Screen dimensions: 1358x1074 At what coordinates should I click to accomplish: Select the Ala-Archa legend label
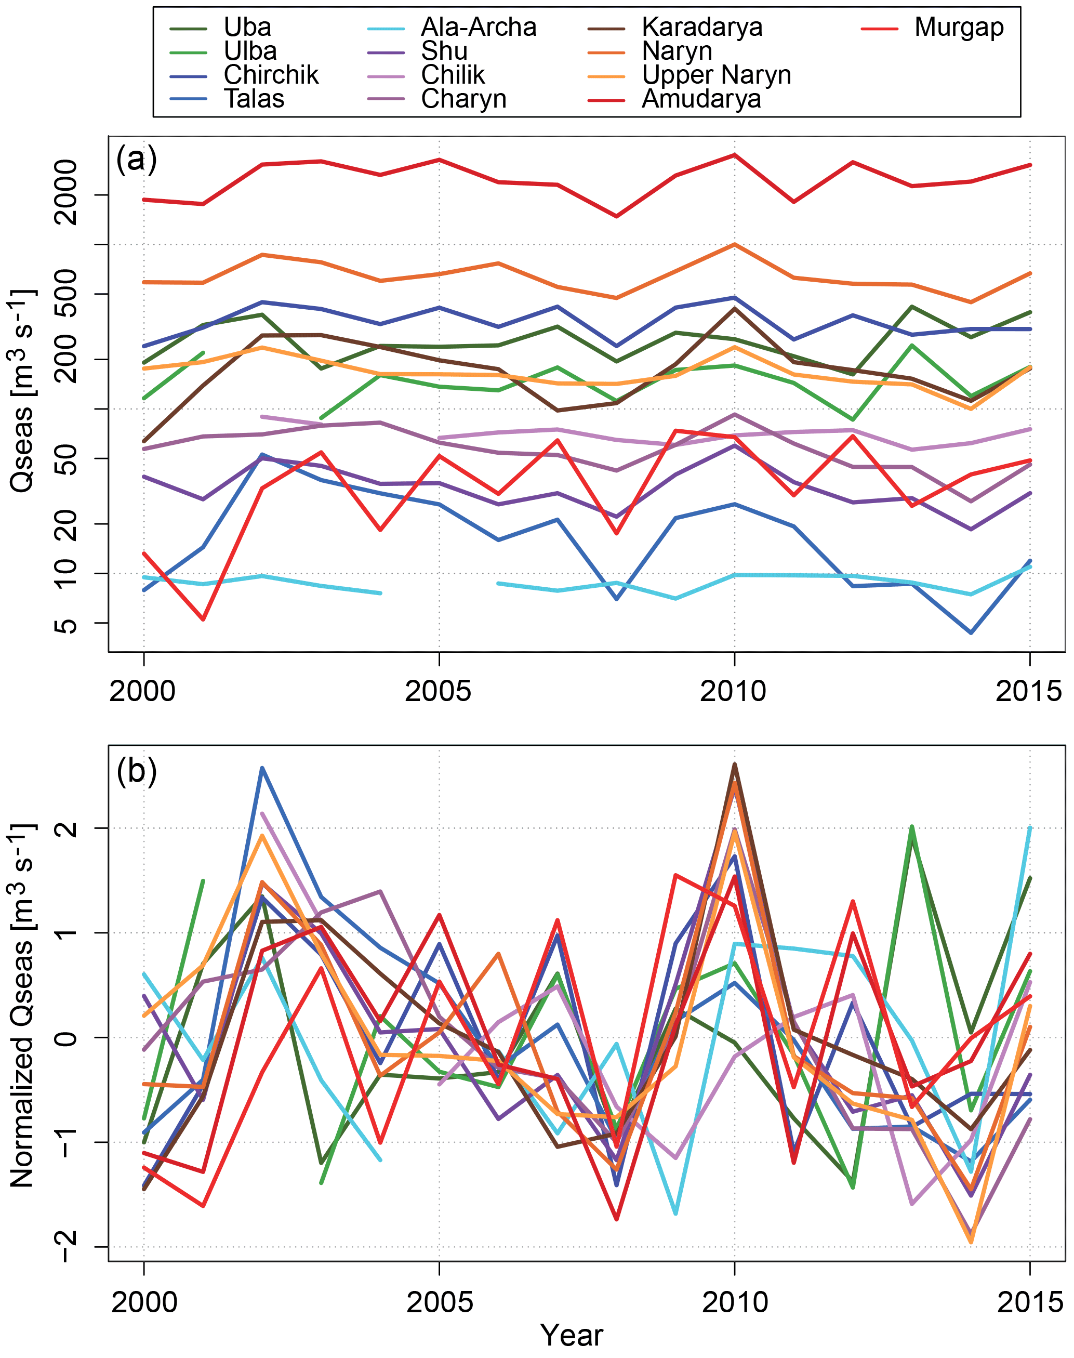point(478,28)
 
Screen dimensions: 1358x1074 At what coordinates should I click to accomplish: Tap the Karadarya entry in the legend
point(702,28)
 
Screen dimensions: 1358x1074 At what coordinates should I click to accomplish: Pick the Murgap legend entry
point(958,28)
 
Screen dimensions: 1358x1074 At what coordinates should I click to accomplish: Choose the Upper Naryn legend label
point(715,75)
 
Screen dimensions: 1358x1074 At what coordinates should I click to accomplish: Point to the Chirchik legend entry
point(271,75)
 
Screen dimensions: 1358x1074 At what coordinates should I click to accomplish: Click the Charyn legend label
point(463,99)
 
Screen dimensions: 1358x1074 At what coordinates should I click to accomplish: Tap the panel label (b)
point(136,771)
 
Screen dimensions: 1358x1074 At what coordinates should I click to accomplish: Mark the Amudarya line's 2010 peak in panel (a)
point(734,155)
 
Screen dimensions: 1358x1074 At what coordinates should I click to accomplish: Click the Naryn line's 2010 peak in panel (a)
point(734,244)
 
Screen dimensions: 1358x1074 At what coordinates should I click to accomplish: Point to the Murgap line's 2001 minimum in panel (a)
point(203,619)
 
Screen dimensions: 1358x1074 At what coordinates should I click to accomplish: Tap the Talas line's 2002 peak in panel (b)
point(262,768)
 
